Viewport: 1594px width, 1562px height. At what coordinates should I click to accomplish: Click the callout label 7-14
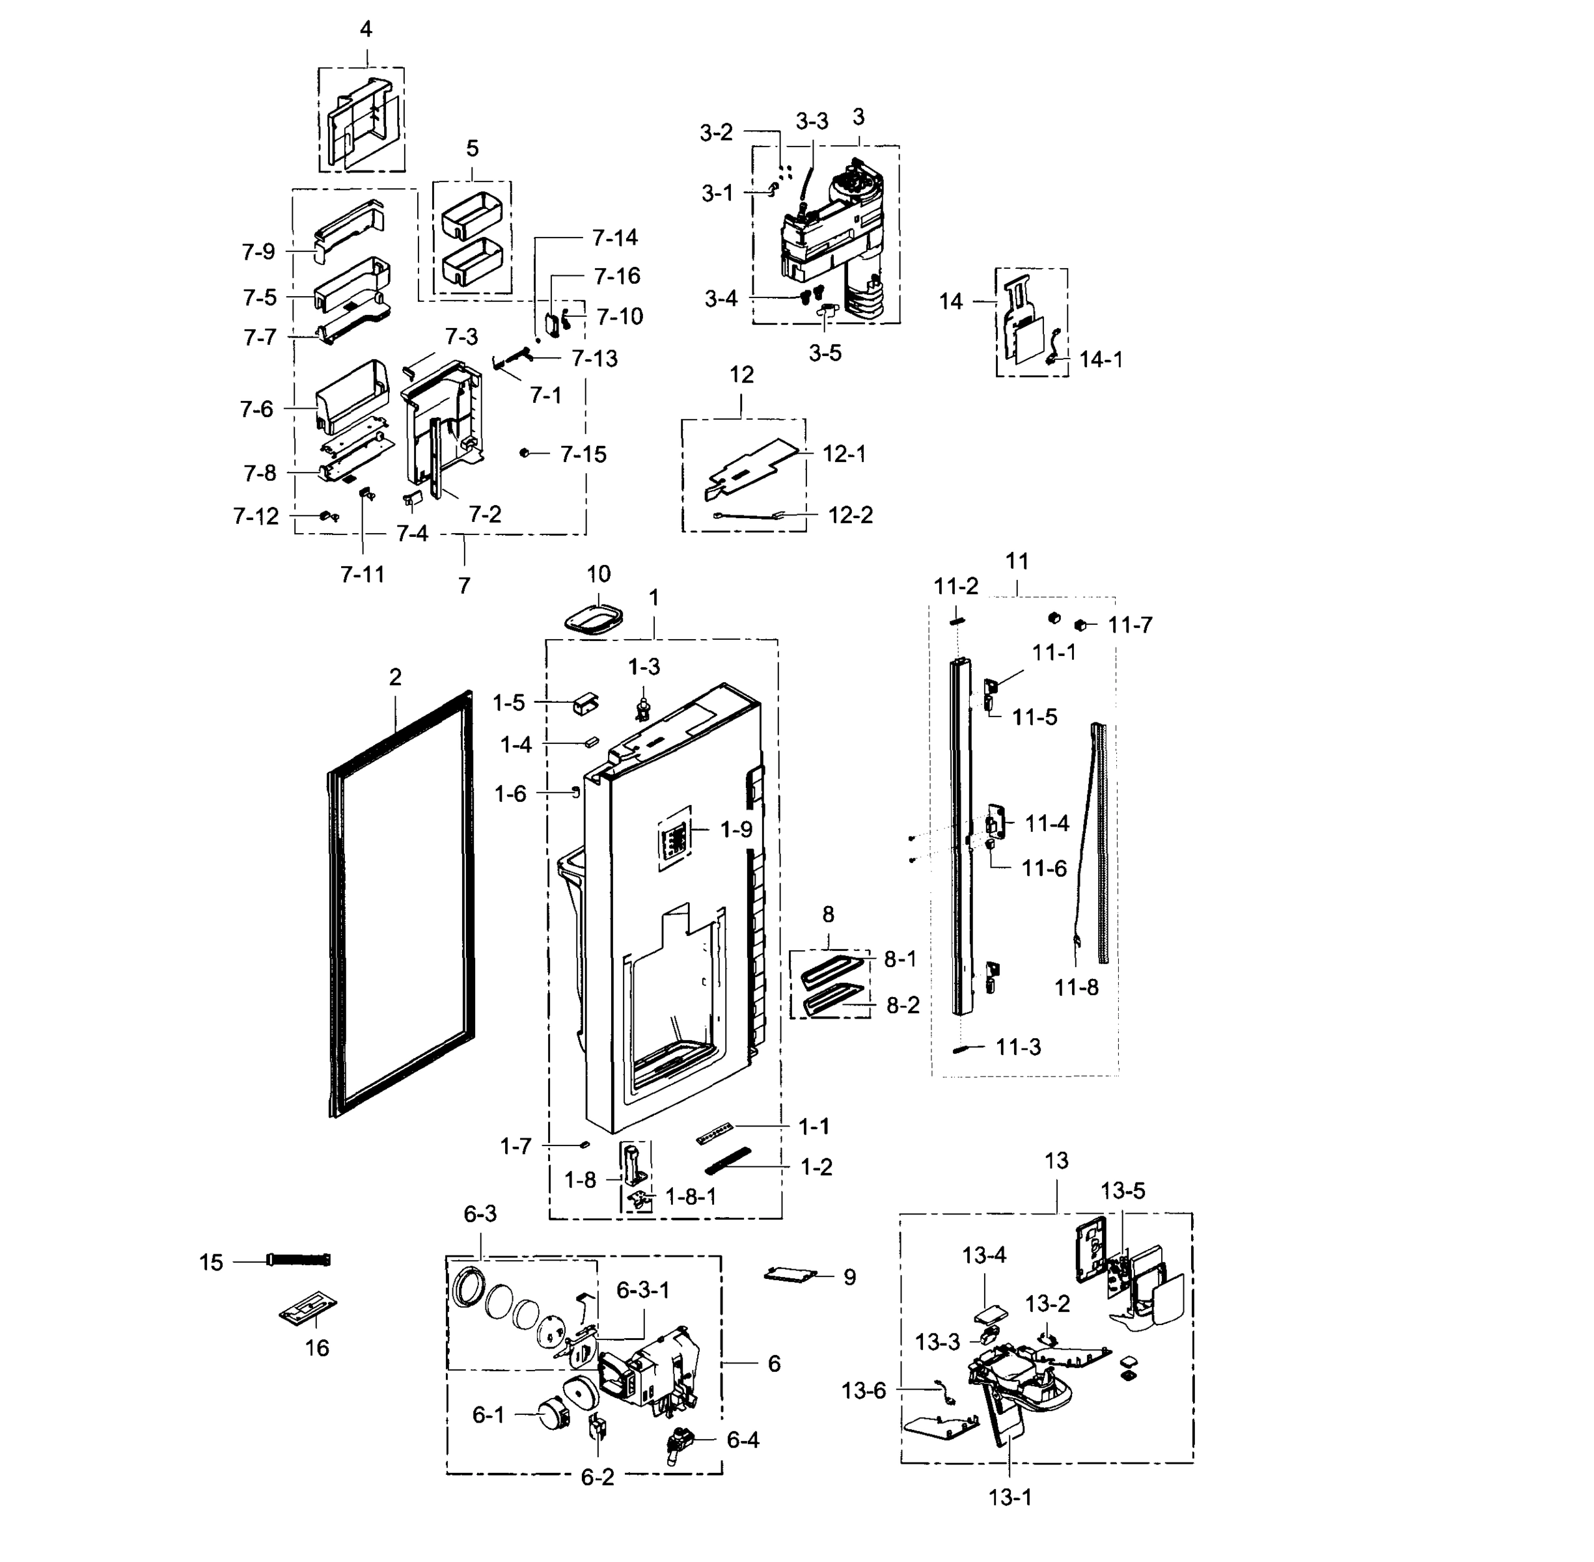614,238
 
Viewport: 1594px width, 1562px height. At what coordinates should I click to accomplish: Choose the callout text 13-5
1122,1190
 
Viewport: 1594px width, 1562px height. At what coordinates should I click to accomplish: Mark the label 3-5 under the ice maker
825,353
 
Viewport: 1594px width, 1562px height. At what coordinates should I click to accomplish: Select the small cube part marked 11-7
1081,625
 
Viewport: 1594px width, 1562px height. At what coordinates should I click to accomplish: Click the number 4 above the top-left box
366,29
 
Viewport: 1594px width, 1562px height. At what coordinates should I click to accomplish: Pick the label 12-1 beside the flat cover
844,454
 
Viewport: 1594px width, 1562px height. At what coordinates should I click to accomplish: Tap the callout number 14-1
1100,359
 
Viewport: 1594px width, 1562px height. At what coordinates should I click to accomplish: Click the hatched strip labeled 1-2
728,1161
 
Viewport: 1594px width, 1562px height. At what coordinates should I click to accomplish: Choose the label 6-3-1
642,1291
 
